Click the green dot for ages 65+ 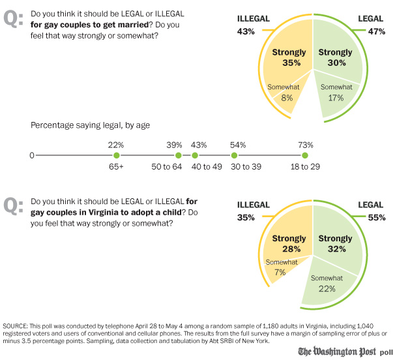(x=116, y=155)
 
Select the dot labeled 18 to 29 (x=305, y=155)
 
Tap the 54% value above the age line (x=238, y=144)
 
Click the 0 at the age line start (x=31, y=155)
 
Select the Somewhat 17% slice (x=336, y=93)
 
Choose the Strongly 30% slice (x=335, y=57)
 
